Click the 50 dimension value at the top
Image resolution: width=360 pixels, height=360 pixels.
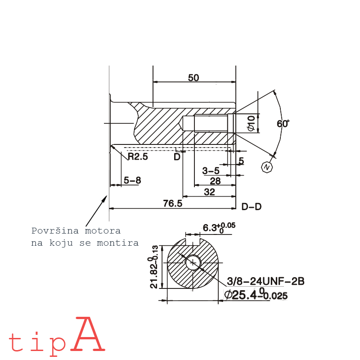point(193,77)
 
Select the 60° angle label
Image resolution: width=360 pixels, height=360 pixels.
point(283,124)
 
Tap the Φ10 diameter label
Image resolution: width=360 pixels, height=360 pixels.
point(252,123)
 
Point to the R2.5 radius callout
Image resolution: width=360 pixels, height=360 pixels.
point(138,157)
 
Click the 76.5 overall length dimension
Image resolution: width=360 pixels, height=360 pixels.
point(173,203)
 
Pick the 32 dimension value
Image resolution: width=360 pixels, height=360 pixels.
point(209,192)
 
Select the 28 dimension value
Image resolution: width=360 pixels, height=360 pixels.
point(215,181)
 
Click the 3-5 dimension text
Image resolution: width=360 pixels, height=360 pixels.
point(211,171)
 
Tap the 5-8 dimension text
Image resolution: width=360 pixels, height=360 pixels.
point(132,180)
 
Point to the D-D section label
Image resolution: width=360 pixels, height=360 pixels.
point(252,207)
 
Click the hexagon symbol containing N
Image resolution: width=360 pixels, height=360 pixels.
point(267,167)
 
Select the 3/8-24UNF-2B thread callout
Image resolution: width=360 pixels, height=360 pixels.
point(266,281)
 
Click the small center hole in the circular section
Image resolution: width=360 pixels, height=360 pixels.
point(193,262)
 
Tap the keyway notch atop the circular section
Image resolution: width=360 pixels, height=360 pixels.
point(193,242)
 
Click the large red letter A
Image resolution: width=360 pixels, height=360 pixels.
point(88,335)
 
